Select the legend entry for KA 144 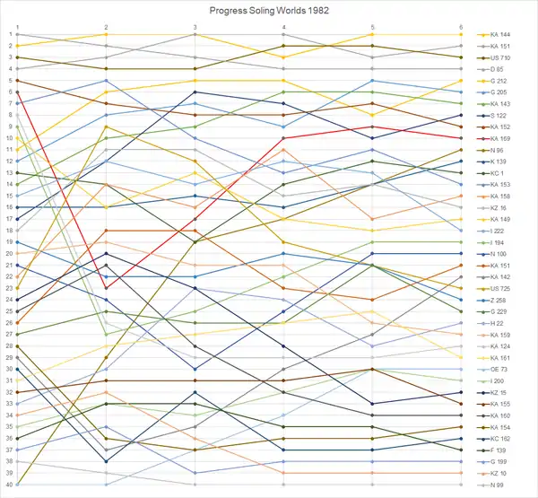pyautogui.click(x=507, y=34)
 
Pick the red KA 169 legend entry pyautogui.click(x=507, y=138)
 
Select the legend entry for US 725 pyautogui.click(x=507, y=288)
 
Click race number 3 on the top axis pyautogui.click(x=195, y=27)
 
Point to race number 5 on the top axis pyautogui.click(x=372, y=27)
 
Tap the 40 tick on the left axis pyautogui.click(x=8, y=485)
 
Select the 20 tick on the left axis pyautogui.click(x=8, y=254)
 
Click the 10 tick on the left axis pyautogui.click(x=8, y=138)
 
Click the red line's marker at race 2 pyautogui.click(x=107, y=288)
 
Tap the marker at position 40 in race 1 pyautogui.click(x=18, y=485)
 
